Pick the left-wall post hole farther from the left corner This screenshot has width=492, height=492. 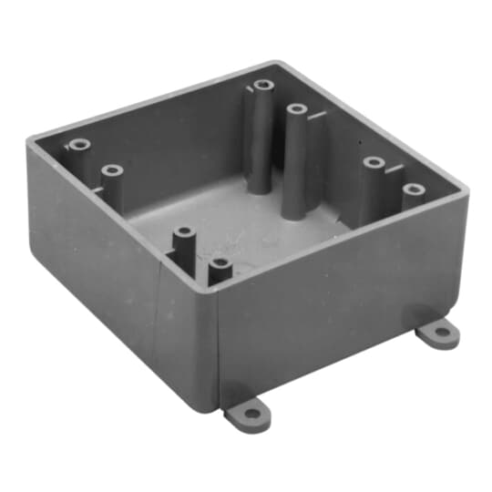click(x=112, y=170)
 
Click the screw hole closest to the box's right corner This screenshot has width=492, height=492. click(x=414, y=190)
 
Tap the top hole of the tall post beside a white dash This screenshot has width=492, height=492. click(x=296, y=109)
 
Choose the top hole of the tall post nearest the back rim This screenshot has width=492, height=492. click(x=263, y=86)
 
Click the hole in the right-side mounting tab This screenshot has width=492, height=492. click(x=442, y=333)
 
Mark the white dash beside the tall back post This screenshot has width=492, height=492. click(x=314, y=116)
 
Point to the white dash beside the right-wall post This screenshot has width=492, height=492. click(x=392, y=167)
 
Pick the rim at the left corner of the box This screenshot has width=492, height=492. click(x=29, y=139)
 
